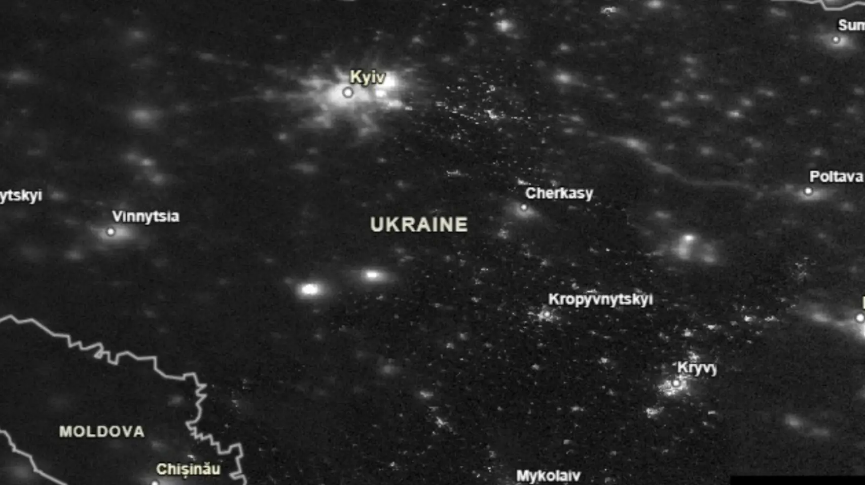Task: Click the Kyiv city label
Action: click(367, 77)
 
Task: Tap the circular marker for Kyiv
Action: click(348, 92)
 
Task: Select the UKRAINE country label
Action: click(419, 225)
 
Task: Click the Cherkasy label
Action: click(559, 193)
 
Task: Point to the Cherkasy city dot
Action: click(524, 207)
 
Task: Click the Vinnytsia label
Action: click(146, 217)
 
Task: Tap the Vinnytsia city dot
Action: click(111, 232)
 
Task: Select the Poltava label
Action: click(836, 177)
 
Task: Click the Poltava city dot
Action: click(808, 191)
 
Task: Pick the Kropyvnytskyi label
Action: click(600, 299)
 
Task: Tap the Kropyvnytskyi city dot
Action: click(547, 315)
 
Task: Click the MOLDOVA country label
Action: click(102, 432)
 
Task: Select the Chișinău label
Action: click(188, 469)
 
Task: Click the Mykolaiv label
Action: click(548, 476)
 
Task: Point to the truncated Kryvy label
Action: click(697, 368)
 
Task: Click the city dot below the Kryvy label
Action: click(676, 383)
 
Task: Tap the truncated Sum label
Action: click(851, 25)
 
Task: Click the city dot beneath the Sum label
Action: click(836, 40)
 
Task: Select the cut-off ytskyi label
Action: click(21, 195)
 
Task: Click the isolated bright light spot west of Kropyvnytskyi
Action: click(309, 290)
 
